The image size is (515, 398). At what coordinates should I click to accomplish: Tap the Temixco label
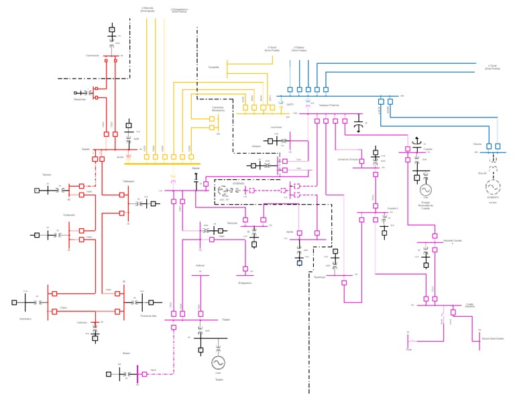[x=47, y=175]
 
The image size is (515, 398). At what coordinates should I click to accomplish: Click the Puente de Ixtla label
[x=148, y=315]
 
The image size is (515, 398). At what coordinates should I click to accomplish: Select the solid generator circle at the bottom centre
[x=218, y=363]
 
